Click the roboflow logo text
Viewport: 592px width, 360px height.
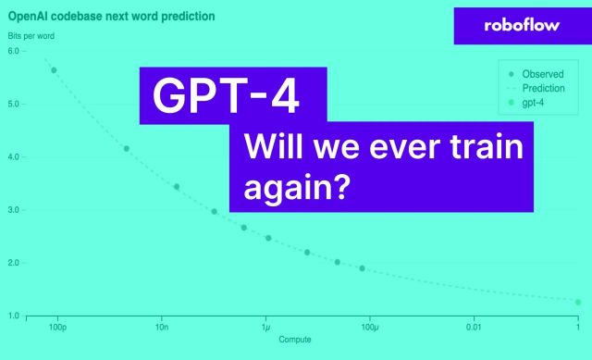(522, 25)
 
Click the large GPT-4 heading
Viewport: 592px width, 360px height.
(226, 95)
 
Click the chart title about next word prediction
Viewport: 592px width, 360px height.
(111, 16)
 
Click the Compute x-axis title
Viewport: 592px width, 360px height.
(295, 340)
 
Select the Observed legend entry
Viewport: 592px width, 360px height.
(542, 74)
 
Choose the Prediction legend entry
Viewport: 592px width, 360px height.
(544, 89)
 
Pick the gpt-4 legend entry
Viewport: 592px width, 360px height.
(534, 104)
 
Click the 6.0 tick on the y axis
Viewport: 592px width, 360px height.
(13, 51)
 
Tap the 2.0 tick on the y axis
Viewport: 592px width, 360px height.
(13, 263)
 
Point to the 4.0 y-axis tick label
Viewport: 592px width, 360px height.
(13, 157)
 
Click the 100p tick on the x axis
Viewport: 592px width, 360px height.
(57, 328)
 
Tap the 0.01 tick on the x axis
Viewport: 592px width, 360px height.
(474, 328)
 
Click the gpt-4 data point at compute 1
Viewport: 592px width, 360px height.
(578, 302)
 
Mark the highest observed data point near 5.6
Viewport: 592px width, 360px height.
(54, 70)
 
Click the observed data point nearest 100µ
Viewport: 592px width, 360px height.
(362, 268)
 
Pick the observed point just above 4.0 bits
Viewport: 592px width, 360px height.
(127, 149)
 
